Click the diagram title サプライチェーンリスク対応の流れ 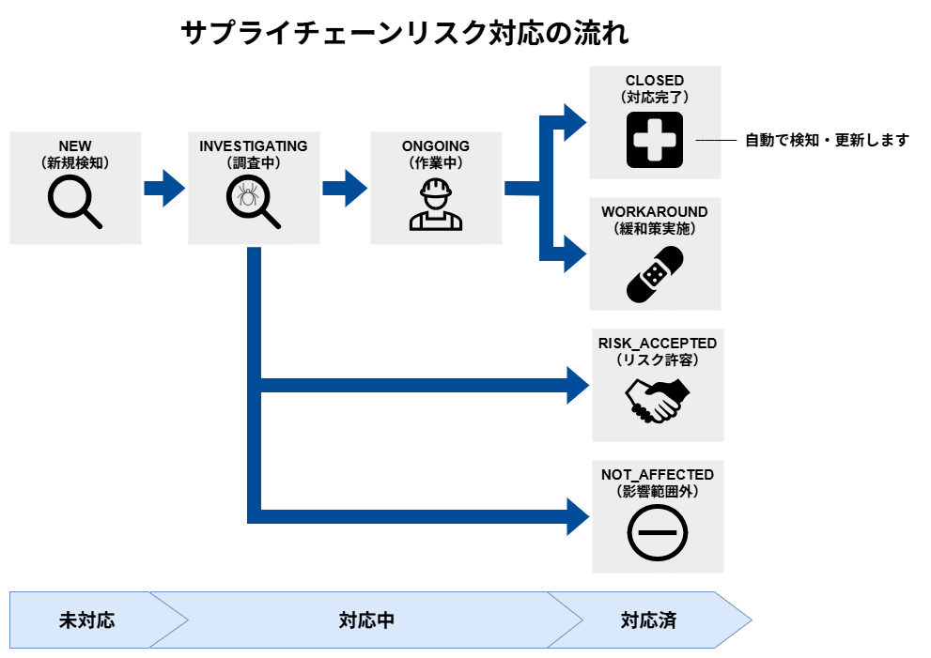click(404, 34)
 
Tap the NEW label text click(75, 146)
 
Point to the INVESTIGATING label click(254, 146)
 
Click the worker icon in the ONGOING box click(436, 205)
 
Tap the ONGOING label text click(436, 146)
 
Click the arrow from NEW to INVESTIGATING click(164, 188)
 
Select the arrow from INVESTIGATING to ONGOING click(344, 188)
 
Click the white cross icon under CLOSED click(655, 140)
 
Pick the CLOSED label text click(655, 81)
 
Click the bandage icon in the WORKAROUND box click(655, 274)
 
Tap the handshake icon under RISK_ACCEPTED click(657, 400)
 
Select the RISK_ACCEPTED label click(657, 344)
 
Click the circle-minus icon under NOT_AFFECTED click(657, 531)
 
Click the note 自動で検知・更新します click(827, 140)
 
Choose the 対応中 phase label click(366, 620)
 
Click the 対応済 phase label click(648, 620)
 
